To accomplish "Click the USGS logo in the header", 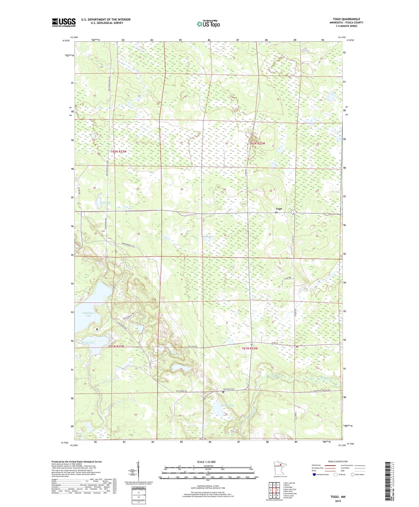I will pos(64,22).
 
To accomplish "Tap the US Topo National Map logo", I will pos(208,24).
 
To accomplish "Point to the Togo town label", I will pos(279,209).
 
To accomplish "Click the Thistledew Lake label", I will pos(89,314).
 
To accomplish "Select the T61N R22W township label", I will pos(250,348).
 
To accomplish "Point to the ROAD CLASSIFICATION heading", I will pos(338,461).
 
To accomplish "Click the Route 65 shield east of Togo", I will pos(293,212).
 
